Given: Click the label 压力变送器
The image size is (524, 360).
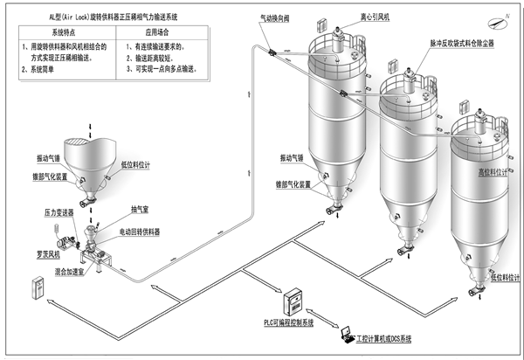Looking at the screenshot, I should [60, 211].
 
